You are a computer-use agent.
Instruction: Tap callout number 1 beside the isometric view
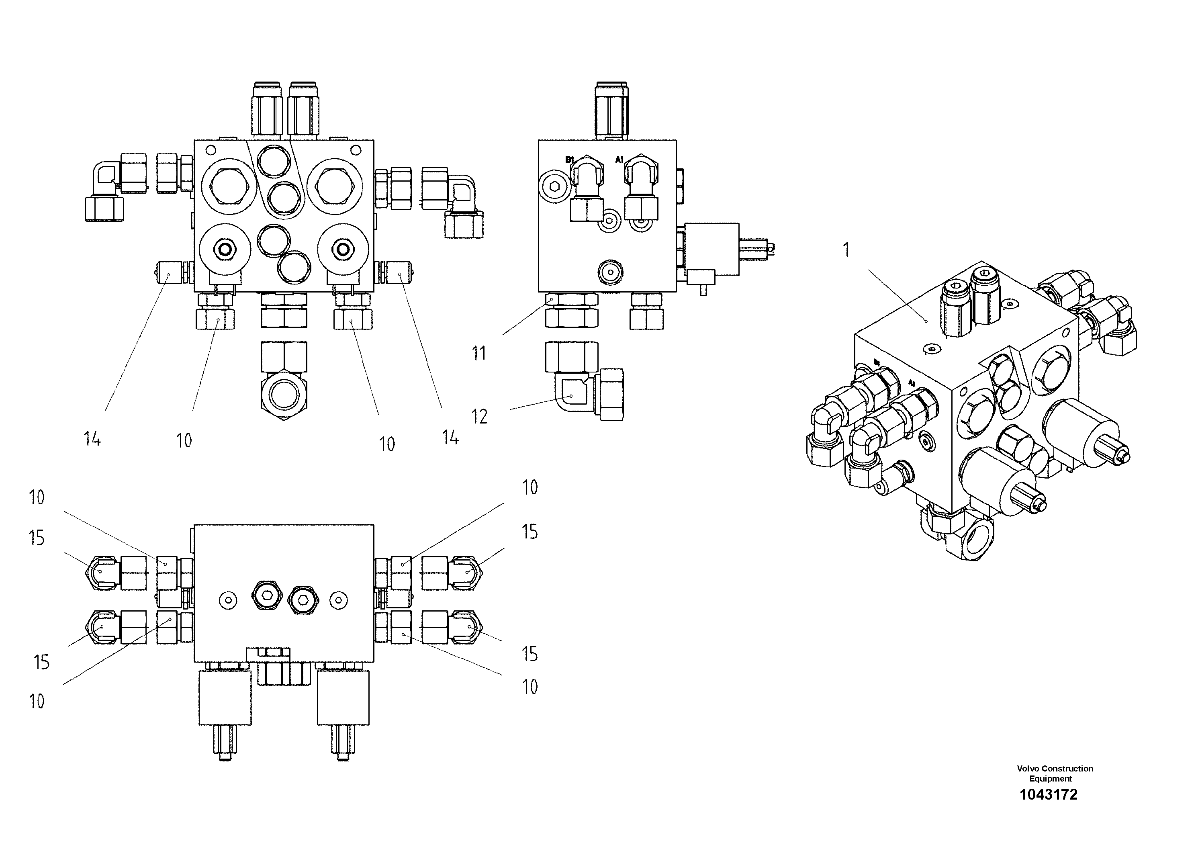846,250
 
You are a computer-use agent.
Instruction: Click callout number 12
479,416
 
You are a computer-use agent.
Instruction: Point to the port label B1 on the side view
569,160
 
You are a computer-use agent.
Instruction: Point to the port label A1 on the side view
619,160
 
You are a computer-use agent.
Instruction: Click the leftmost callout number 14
92,439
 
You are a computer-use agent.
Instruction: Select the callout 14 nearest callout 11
451,438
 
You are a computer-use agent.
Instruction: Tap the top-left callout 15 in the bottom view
37,538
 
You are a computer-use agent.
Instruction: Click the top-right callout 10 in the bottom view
530,488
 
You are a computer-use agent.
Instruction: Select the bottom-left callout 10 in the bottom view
37,701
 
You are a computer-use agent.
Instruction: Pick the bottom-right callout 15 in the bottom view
530,654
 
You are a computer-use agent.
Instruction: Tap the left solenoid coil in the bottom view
225,698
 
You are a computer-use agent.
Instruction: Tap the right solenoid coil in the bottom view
343,698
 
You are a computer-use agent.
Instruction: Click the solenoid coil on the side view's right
712,249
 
